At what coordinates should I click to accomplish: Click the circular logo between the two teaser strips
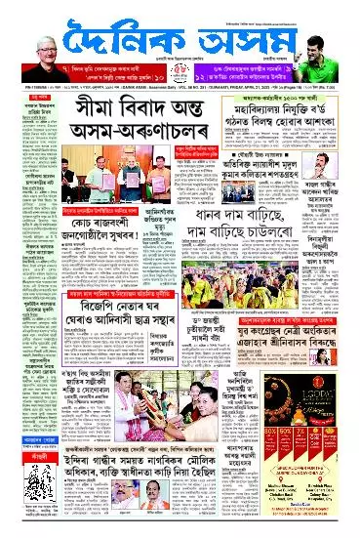click(180, 72)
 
